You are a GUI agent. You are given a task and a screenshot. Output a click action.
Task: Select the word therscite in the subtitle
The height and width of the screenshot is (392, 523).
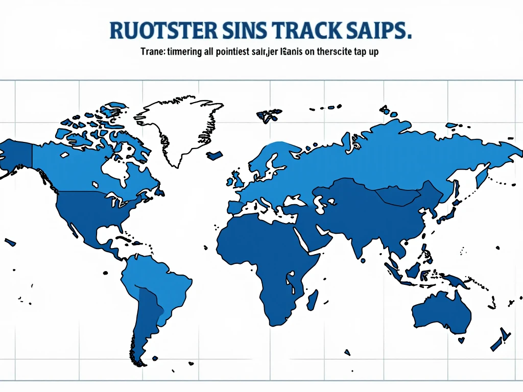[x=327, y=52]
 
